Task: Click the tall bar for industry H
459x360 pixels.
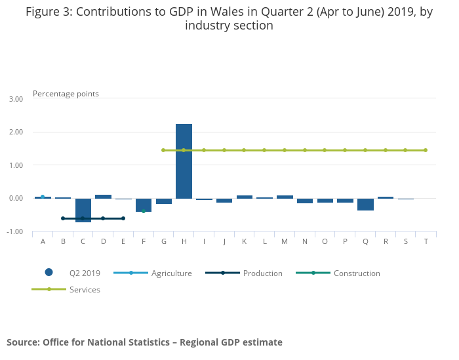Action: coord(184,161)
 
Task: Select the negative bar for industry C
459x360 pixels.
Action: coord(83,210)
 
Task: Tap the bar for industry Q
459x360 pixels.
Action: coord(365,205)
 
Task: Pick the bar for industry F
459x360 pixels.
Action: coord(144,205)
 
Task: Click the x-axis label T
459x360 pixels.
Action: coord(426,241)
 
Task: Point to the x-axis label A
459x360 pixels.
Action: coord(43,241)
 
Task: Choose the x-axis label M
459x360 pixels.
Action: coord(285,241)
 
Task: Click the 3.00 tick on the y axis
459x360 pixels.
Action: coord(16,99)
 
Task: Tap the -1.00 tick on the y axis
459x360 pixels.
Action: coord(15,232)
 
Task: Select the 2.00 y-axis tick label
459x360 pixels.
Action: coord(16,132)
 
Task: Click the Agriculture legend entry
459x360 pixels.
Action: coord(171,273)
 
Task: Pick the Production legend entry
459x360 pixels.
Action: coord(262,273)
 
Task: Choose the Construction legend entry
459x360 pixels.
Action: coord(357,273)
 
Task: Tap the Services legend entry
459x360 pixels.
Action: coord(85,290)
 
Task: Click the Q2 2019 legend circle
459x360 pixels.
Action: coord(49,273)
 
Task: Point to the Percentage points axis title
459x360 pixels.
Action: coord(66,94)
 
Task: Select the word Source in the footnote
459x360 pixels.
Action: coord(24,342)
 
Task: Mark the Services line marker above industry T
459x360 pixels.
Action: coord(426,150)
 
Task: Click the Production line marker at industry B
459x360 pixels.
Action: coord(63,218)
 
